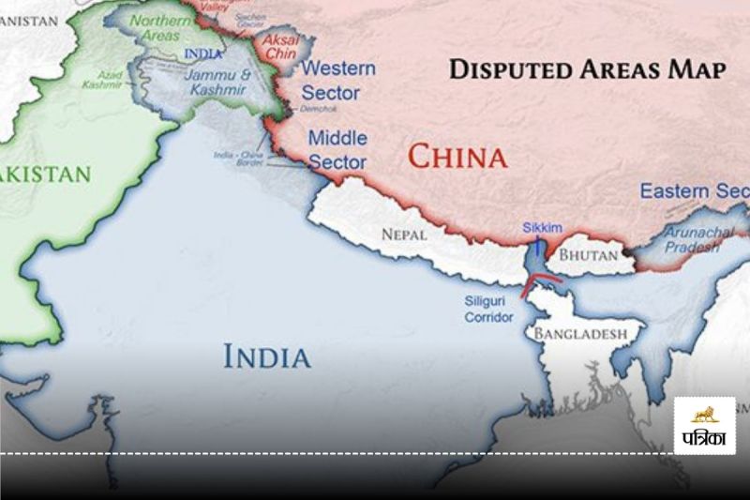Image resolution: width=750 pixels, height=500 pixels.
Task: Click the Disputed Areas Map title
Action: pos(587,69)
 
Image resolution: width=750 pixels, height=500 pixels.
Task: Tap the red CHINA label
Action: pos(457,156)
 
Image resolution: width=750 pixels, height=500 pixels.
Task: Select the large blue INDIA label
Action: pos(266,356)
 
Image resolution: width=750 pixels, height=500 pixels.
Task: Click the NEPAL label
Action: pos(403,235)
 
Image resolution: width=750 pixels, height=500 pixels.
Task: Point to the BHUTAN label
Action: pos(589,254)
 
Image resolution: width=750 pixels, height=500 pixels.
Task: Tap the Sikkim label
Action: pos(539,228)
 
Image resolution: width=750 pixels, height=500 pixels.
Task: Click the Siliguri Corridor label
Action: pos(488,311)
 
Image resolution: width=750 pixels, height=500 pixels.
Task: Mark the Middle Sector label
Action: pos(337,150)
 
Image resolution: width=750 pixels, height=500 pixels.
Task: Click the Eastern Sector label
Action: pos(694,191)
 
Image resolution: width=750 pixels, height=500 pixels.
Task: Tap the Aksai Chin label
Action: pos(280,47)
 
